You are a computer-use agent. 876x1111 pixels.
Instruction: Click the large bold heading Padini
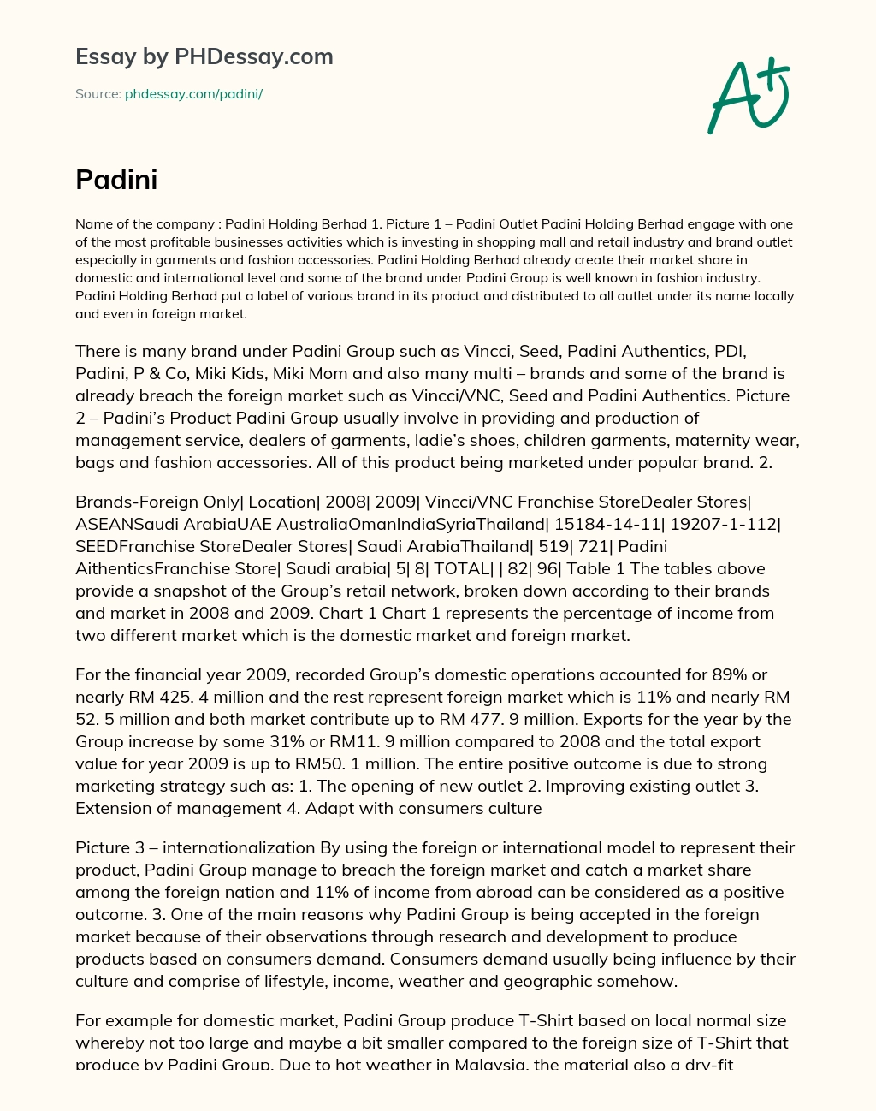pos(116,180)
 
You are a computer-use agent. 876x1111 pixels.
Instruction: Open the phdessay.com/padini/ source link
pos(193,94)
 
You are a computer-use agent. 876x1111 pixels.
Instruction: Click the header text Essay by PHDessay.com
pos(204,57)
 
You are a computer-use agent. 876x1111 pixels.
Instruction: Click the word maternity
pos(705,441)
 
